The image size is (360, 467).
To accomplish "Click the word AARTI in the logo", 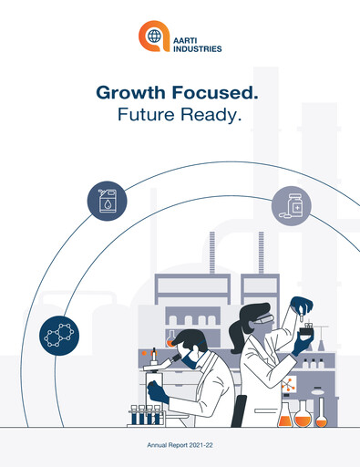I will pyautogui.click(x=186, y=34).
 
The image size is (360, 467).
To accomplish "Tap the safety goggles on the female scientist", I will pyautogui.click(x=262, y=322).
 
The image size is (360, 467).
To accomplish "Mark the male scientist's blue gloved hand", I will pyautogui.click(x=159, y=393).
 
